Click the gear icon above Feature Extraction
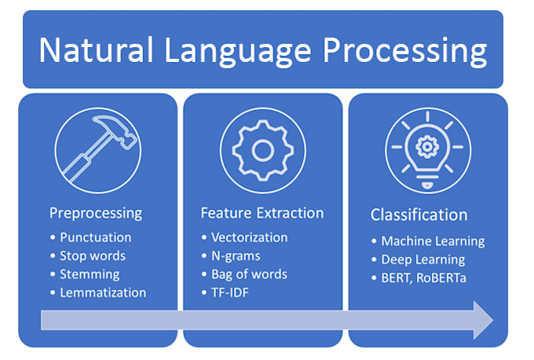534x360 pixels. pos(263,150)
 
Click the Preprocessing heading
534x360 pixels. pos(96,213)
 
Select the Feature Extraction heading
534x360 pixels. pos(262,213)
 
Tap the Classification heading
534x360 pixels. pos(419,215)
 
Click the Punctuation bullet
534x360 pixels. pos(95,237)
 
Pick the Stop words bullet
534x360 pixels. pos(93,255)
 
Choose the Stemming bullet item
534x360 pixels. pos(90,274)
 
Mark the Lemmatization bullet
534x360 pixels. pos(103,292)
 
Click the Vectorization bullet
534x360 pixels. pos(250,237)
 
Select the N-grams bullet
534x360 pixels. pos(236,255)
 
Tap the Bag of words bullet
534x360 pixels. pos(249,274)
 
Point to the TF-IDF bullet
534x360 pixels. pos(232,292)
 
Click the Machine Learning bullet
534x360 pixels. pos(433,241)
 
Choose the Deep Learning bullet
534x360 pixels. pos(422,259)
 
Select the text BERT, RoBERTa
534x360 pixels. pos(422,278)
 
